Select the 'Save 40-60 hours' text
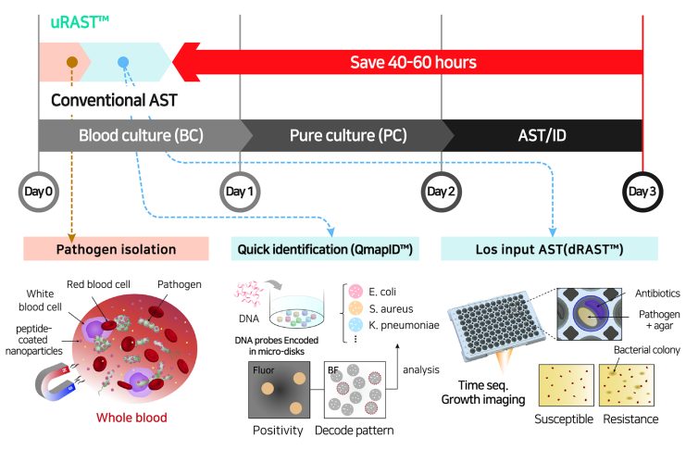pos(413,62)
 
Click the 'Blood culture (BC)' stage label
pos(141,133)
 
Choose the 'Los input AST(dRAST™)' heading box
pos(548,248)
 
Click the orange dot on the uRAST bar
pos(71,63)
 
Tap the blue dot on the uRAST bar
pos(123,63)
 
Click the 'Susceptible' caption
pos(567,419)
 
